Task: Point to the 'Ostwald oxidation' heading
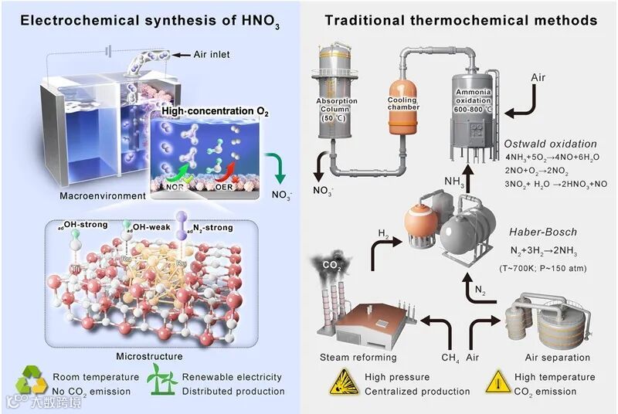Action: click(550, 144)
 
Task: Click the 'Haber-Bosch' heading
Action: click(542, 232)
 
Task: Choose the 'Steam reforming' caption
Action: click(358, 358)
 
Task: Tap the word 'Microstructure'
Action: click(149, 357)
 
